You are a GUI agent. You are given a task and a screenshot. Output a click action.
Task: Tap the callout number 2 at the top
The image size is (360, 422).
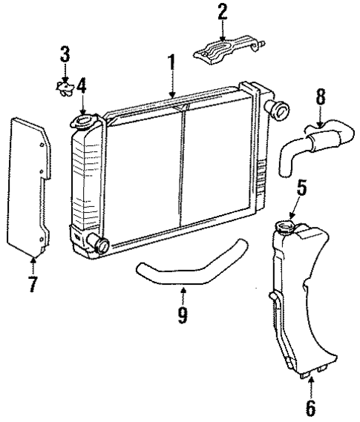coord(222,13)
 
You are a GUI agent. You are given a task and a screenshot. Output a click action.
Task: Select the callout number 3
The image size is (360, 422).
coord(65,54)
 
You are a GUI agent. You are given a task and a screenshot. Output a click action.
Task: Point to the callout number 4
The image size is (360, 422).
coord(82,86)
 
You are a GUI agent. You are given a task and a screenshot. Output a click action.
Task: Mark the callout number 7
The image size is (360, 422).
coord(33,284)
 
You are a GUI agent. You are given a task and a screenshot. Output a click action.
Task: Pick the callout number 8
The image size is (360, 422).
coord(321,96)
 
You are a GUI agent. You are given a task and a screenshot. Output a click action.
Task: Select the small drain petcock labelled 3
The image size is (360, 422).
coord(65,87)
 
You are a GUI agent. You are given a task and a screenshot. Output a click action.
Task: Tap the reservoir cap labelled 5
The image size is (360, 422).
coord(285,225)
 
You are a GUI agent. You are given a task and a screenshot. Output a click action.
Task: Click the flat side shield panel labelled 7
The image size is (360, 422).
coord(31,185)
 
